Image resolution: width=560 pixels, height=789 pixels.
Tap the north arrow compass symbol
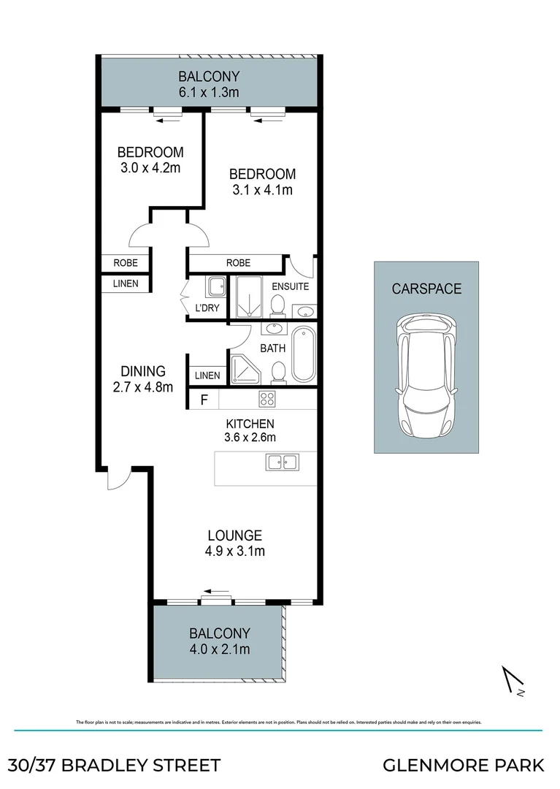[514, 681]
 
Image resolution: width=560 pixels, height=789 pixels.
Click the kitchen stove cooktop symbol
[266, 400]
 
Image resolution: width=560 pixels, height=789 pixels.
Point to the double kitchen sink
[282, 462]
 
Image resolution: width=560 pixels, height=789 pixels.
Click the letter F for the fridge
[204, 400]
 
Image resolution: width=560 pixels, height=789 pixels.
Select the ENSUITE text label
[290, 286]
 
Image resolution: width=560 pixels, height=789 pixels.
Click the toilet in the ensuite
[277, 304]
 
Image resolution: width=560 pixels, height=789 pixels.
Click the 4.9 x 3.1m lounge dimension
[234, 551]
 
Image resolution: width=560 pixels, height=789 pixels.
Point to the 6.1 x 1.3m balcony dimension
[210, 92]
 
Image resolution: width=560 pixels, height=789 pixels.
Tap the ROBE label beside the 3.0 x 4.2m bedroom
[126, 263]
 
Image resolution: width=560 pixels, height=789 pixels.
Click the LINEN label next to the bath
[207, 376]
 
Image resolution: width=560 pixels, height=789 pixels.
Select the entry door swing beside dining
[116, 479]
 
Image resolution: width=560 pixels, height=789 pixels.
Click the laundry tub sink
[215, 286]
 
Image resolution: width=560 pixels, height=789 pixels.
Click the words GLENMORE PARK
[464, 765]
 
